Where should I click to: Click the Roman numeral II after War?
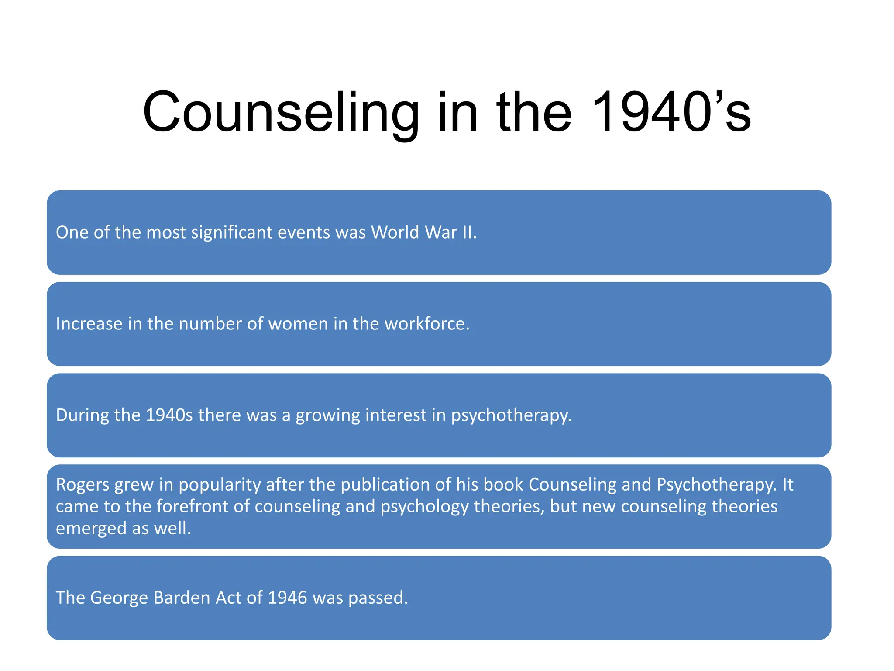pos(469,232)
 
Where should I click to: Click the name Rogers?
pos(83,485)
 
